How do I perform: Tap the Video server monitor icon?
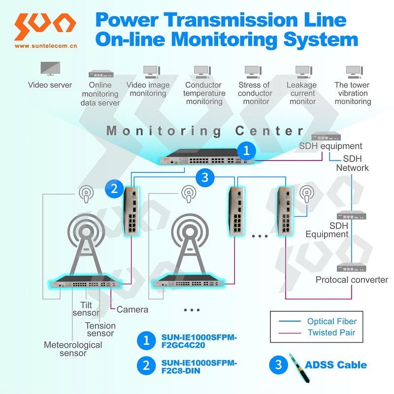pyautogui.click(x=50, y=68)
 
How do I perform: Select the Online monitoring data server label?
pyautogui.click(x=100, y=94)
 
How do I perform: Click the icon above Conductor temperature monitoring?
pyautogui.click(x=201, y=72)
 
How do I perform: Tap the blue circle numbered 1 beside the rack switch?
pyautogui.click(x=246, y=150)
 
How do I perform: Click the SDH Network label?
pyautogui.click(x=352, y=164)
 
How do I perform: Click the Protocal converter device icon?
pyautogui.click(x=352, y=267)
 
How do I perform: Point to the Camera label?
pyautogui.click(x=132, y=310)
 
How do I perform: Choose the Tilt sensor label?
pyautogui.click(x=86, y=309)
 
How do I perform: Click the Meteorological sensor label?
pyautogui.click(x=73, y=349)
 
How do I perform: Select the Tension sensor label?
pyautogui.click(x=100, y=329)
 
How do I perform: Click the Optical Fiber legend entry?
pyautogui.click(x=331, y=322)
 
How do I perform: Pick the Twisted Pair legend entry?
pyautogui.click(x=331, y=332)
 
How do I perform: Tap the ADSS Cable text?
pyautogui.click(x=336, y=365)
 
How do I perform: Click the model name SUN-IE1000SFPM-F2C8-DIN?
pyautogui.click(x=198, y=367)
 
